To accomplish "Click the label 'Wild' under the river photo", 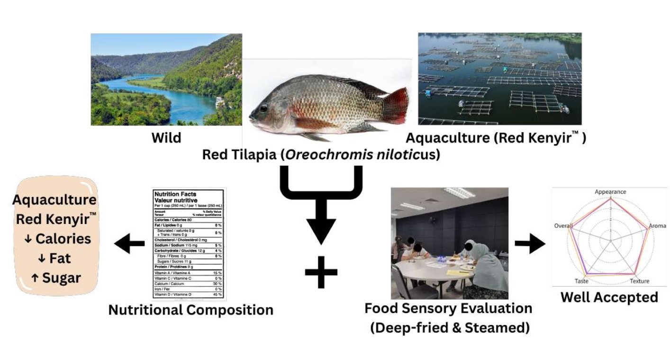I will [x=166, y=138].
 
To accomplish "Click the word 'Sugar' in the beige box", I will [x=61, y=278].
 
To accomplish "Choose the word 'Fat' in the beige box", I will [x=60, y=258].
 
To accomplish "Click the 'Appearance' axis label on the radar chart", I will [x=610, y=192].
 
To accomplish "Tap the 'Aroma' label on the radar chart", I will [x=657, y=226].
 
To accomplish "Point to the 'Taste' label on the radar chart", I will [x=581, y=281].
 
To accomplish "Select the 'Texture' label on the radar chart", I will [x=639, y=281].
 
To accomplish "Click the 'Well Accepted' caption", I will [x=609, y=297].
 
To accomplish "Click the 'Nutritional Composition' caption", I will [x=190, y=310].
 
